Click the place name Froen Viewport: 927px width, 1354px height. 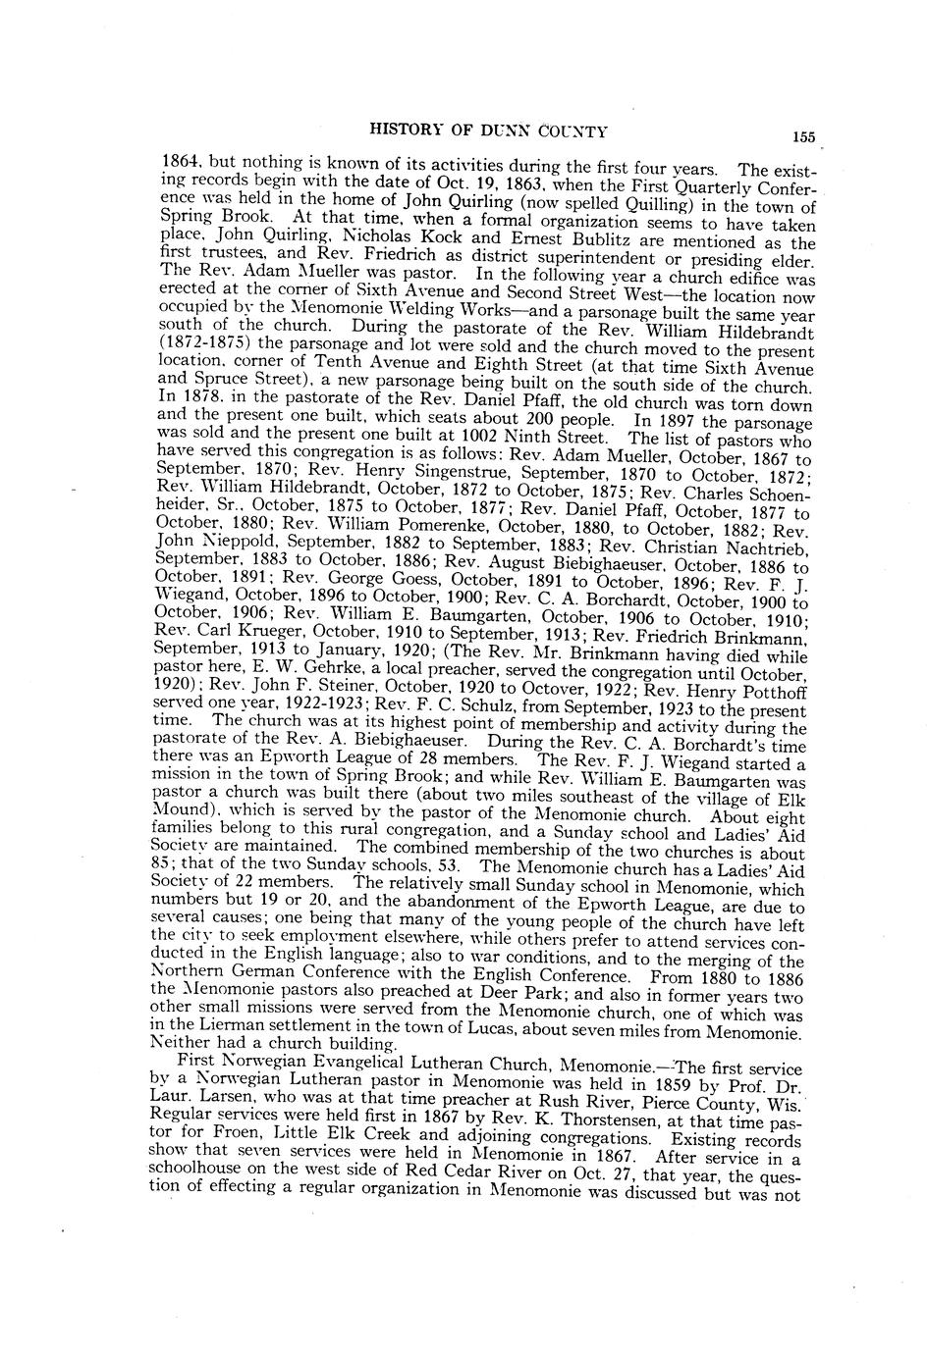pyautogui.click(x=217, y=1138)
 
